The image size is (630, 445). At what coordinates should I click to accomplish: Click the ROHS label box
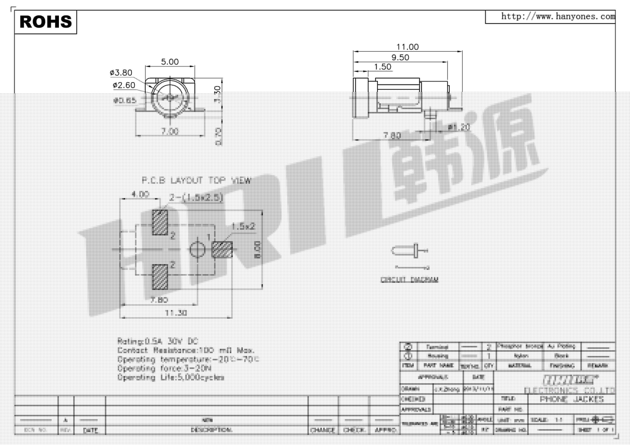[46, 22]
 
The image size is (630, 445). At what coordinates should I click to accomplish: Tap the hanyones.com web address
[558, 17]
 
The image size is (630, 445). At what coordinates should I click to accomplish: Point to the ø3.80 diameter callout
[121, 73]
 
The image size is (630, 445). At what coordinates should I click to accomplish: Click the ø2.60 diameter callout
[124, 85]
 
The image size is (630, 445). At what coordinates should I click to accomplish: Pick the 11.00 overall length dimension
[407, 47]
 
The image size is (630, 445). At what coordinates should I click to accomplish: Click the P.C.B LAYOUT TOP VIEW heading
[196, 180]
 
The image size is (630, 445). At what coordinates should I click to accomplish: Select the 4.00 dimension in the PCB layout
[140, 194]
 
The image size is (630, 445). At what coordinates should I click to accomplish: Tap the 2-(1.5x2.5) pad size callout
[196, 197]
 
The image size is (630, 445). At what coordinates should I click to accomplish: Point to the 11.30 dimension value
[176, 313]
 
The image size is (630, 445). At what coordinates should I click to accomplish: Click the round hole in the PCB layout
[197, 250]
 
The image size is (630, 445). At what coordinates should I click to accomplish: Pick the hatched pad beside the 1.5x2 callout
[222, 249]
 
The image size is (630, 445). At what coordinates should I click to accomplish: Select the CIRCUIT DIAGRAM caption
[409, 280]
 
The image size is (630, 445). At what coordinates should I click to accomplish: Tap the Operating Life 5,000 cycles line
[171, 378]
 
